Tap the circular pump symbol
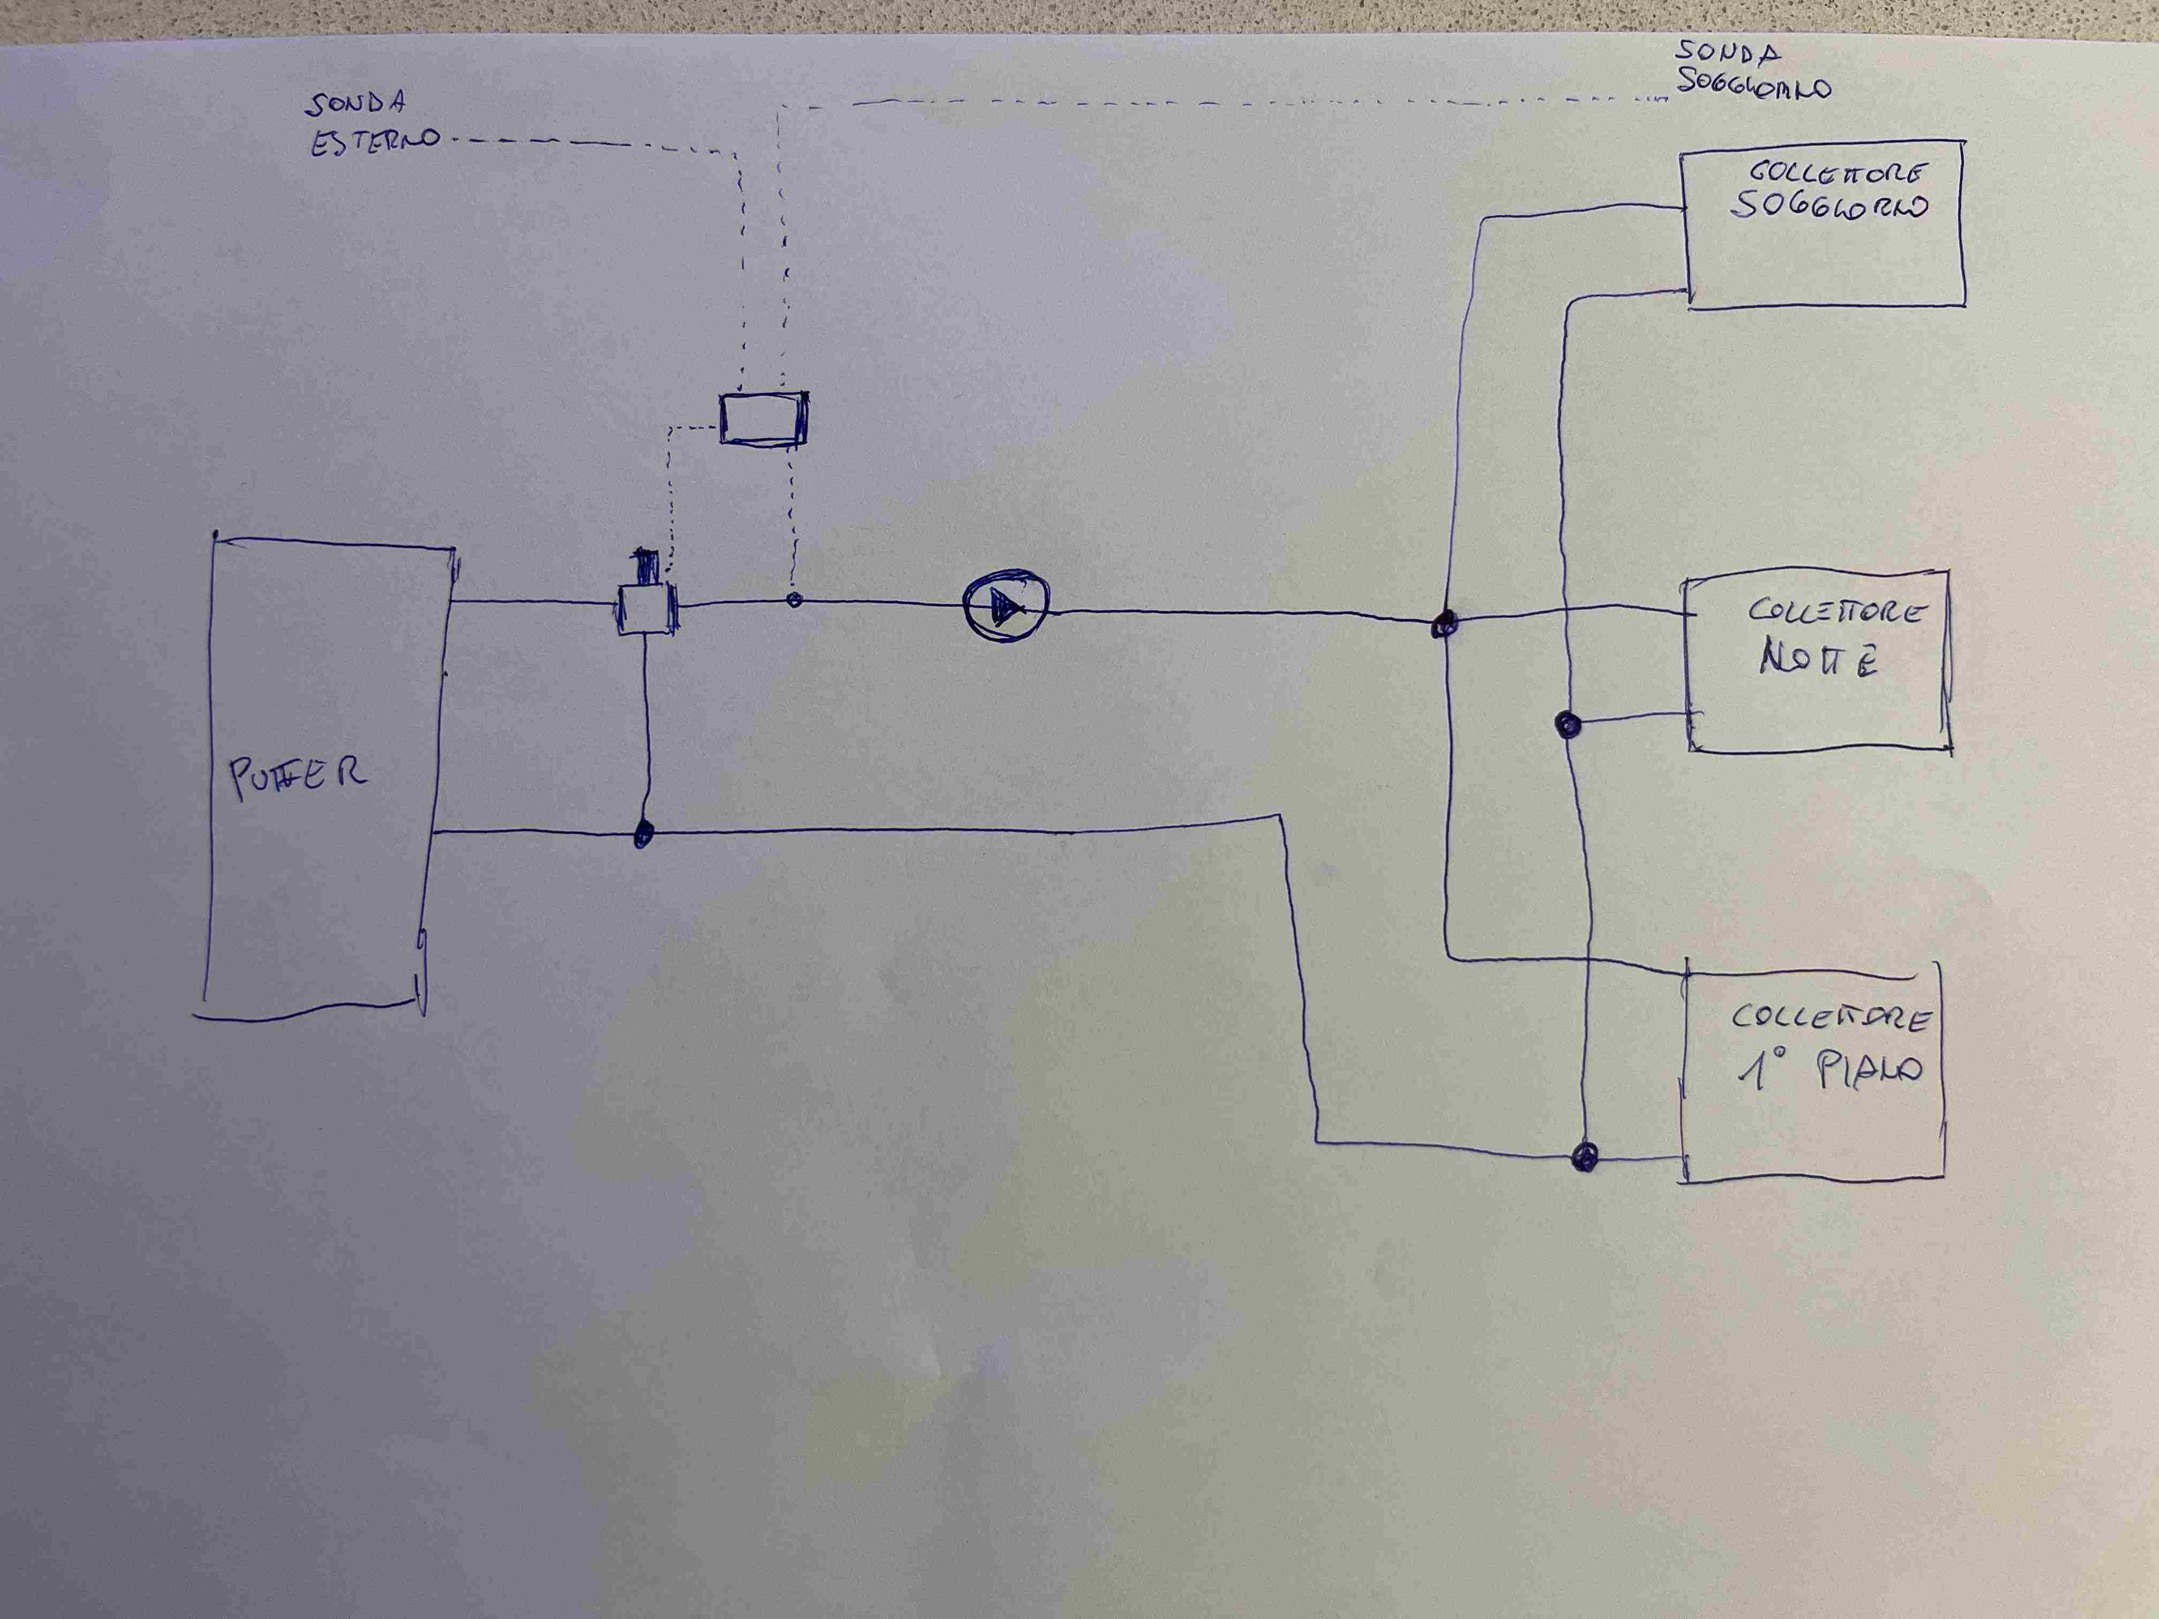pos(1005,607)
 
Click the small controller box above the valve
pos(763,419)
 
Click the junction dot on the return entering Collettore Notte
pos(1567,724)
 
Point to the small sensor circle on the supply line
pos(794,599)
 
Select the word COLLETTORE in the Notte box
pos(1835,612)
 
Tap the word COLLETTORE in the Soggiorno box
pos(1835,173)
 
